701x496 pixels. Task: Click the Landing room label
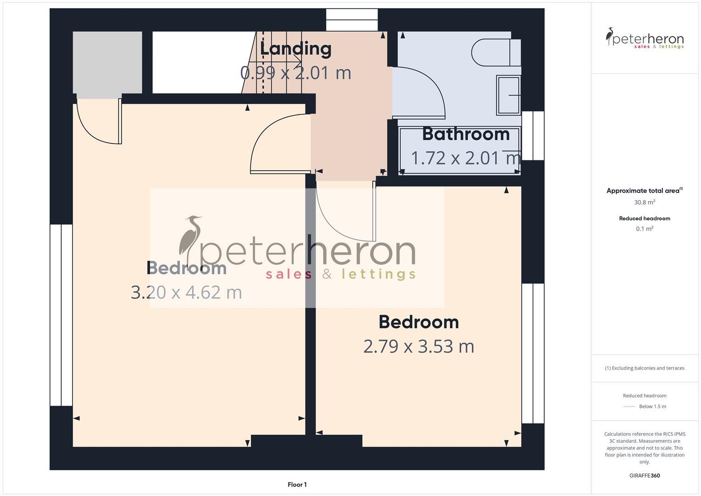[296, 49]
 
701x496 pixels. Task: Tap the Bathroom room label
[466, 134]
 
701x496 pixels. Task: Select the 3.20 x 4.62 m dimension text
[186, 292]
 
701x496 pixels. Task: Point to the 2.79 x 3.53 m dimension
[419, 346]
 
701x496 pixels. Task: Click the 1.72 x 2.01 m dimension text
[465, 158]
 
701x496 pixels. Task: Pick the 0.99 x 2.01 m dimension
[296, 73]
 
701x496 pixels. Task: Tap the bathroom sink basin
[508, 96]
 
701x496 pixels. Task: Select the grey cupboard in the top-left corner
[107, 62]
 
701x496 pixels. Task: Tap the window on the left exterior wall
[61, 315]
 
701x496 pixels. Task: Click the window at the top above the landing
[352, 20]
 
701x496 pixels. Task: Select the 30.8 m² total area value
[645, 202]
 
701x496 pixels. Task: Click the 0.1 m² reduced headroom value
[645, 229]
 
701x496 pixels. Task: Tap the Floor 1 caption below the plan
[297, 485]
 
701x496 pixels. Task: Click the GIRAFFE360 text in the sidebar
[645, 475]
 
